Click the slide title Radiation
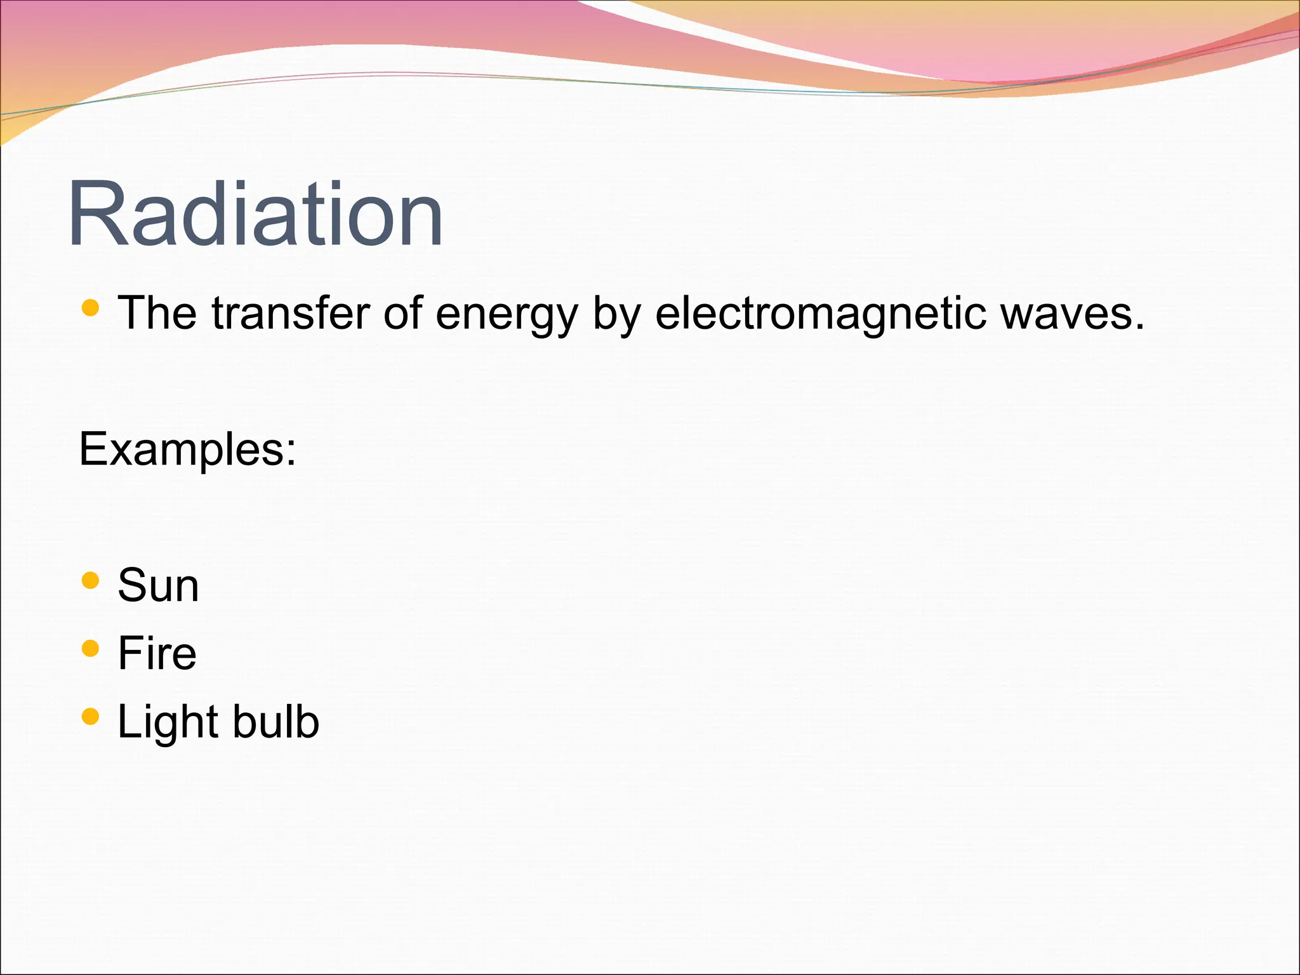pyautogui.click(x=255, y=215)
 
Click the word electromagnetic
pyautogui.click(x=821, y=314)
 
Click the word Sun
pyautogui.click(x=158, y=585)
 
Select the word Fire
pyautogui.click(x=157, y=653)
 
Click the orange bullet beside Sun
pyautogui.click(x=91, y=580)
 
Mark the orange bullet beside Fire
pyautogui.click(x=91, y=648)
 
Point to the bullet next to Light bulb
pyautogui.click(x=91, y=717)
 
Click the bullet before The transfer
pyautogui.click(x=91, y=308)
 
